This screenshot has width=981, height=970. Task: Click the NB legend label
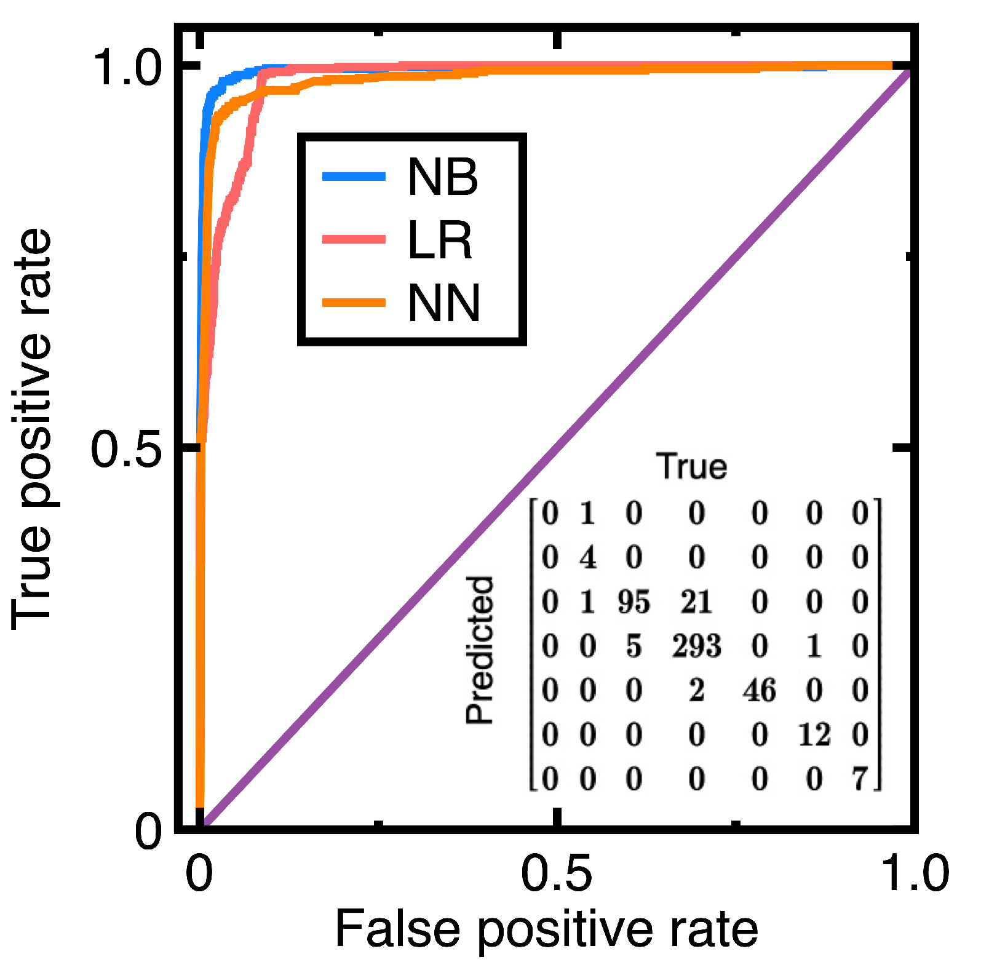point(442,177)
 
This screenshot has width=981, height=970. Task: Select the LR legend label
point(439,241)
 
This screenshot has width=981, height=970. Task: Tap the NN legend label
point(443,303)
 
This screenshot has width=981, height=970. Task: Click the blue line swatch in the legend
point(354,177)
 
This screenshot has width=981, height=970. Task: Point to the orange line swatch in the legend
point(354,302)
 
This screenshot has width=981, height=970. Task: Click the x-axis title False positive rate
point(546,930)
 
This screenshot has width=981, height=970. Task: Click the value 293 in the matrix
point(696,646)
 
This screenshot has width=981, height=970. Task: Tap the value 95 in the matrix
point(633,602)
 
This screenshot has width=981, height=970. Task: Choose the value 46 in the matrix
point(759,691)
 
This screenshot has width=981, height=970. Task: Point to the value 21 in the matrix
point(696,602)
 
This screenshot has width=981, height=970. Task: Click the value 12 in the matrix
point(814,735)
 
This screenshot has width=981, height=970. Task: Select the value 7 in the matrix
point(860,779)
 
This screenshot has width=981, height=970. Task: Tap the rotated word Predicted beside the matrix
point(480,650)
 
